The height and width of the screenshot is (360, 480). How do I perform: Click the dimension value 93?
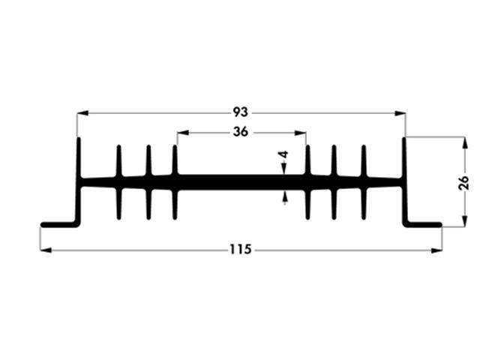point(240,112)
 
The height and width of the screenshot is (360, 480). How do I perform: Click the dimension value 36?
point(241,131)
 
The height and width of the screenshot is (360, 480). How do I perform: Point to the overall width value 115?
point(241,249)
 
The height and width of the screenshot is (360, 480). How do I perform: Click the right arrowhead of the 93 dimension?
point(400,113)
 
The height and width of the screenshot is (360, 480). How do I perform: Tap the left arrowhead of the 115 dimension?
point(44,250)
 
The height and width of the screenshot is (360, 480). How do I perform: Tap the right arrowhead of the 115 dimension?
point(437,250)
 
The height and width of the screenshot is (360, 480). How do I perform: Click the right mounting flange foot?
point(424,223)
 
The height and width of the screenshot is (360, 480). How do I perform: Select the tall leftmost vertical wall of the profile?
point(78,180)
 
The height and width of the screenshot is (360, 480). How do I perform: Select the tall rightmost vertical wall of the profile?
point(405,180)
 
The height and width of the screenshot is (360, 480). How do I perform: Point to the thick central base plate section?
point(241,181)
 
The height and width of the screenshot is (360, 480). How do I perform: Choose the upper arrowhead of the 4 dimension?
point(285,170)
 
